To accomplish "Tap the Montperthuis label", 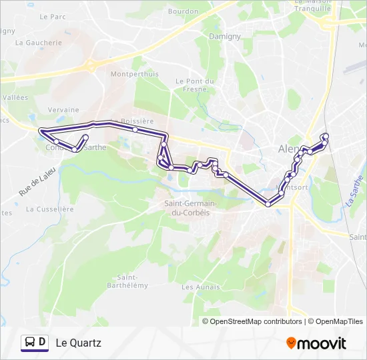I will click(x=135, y=74).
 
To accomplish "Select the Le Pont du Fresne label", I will click(x=195, y=85).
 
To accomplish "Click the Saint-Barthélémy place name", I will click(x=127, y=281).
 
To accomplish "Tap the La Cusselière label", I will click(x=49, y=209).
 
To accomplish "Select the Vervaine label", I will click(x=64, y=110).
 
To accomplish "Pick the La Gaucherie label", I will click(x=38, y=42).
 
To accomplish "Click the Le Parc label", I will click(x=52, y=16).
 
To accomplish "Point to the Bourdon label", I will click(x=183, y=11).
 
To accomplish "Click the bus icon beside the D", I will click(x=31, y=343).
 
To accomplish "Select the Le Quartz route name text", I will click(x=78, y=343).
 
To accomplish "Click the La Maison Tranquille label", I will click(x=313, y=6).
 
